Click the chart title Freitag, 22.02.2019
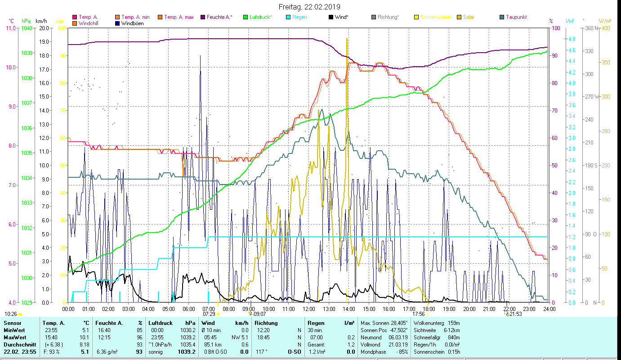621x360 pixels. click(x=309, y=7)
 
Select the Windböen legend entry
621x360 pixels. click(x=133, y=23)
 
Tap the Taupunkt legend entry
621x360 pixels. click(x=516, y=17)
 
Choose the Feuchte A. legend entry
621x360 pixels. click(x=219, y=17)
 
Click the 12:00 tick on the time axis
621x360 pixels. click(x=309, y=309)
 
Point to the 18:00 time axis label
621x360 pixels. click(x=429, y=309)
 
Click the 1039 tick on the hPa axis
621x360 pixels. click(x=27, y=53)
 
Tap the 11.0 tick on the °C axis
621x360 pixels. click(x=10, y=28)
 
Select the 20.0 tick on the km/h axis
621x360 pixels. click(x=44, y=28)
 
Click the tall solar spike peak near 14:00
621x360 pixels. click(x=347, y=39)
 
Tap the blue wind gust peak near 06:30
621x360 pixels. click(x=201, y=56)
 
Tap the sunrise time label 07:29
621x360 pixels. click(x=209, y=314)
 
